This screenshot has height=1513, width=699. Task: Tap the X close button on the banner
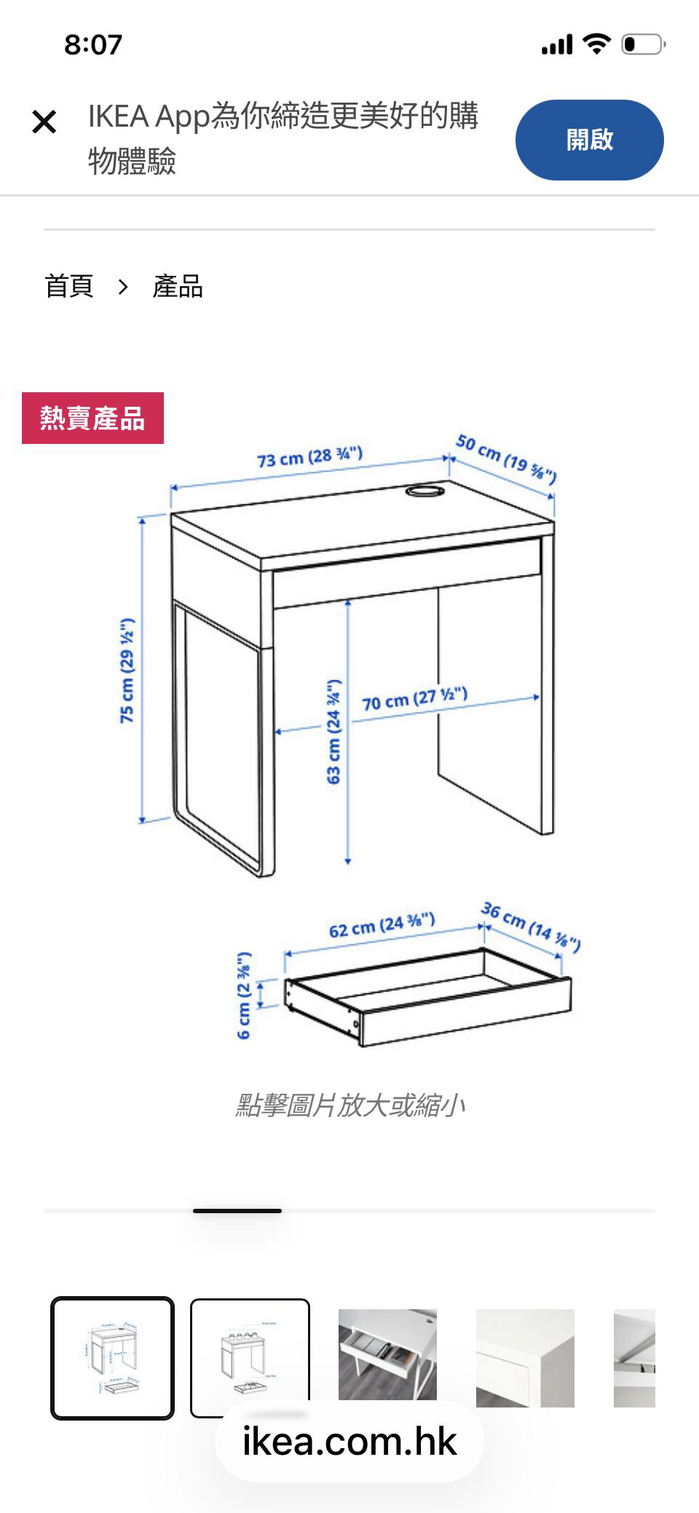tap(44, 122)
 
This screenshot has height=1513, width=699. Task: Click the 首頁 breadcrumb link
tap(69, 286)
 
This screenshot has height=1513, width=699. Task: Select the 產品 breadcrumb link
tap(178, 286)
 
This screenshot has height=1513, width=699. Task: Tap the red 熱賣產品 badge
tap(92, 418)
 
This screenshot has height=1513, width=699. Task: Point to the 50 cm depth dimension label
tap(507, 458)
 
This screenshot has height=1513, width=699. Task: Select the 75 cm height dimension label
tap(127, 670)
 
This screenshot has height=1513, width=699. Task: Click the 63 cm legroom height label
tap(333, 731)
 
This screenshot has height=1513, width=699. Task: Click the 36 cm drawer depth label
tap(531, 926)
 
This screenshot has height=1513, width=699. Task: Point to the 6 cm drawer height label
tap(245, 995)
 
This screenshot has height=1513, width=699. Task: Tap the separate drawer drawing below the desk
tap(429, 997)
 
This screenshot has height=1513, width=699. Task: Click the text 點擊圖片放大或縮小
tap(349, 1105)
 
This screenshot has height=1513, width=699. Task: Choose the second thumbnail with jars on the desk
tap(250, 1357)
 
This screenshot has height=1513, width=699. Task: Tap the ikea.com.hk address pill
tap(349, 1442)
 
